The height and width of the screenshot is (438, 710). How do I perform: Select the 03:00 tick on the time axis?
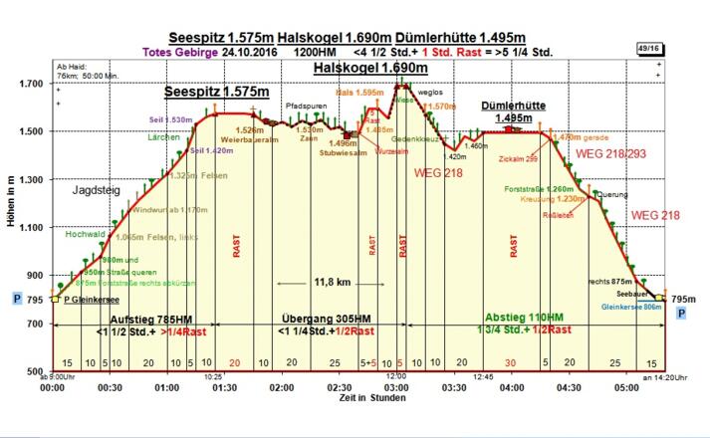396,387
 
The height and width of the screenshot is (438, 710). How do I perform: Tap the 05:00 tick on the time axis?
626,387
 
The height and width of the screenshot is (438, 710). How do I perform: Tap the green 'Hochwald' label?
86,235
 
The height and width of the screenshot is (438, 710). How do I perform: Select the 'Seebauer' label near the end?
631,295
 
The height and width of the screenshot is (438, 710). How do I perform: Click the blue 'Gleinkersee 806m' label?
631,308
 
